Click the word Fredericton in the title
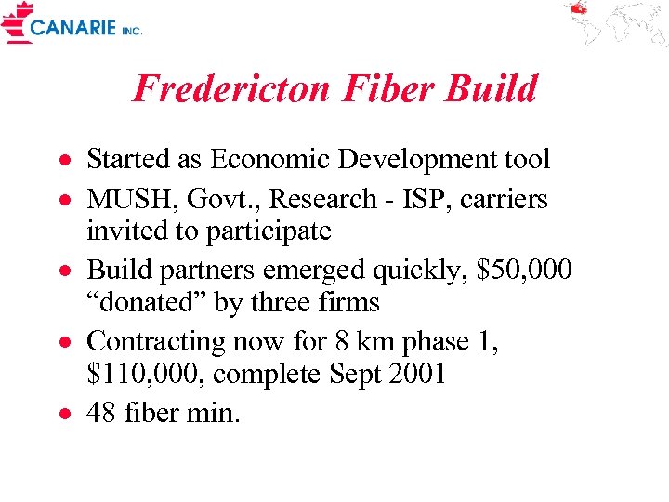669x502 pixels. pos(231,89)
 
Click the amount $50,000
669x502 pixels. pos(523,270)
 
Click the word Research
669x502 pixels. pos(317,200)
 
